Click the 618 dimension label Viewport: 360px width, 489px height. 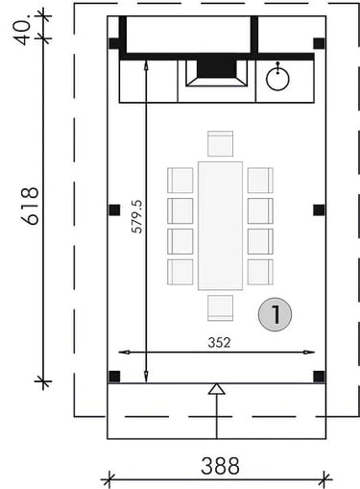(31, 206)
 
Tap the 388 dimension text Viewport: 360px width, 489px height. (220, 466)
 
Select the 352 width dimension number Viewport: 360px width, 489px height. (219, 343)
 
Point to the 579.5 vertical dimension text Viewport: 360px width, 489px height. (138, 216)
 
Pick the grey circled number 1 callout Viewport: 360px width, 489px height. (275, 314)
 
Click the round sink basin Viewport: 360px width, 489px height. (277, 78)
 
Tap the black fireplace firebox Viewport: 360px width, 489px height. (217, 68)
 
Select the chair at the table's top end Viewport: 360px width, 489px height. (220, 143)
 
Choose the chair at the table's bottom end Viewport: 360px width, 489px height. (220, 307)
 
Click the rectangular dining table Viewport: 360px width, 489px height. (220, 226)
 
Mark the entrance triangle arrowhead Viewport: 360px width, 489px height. (217, 389)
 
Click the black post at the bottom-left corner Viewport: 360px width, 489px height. (114, 377)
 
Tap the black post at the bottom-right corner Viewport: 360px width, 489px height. (319, 377)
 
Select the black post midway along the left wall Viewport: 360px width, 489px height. (114, 209)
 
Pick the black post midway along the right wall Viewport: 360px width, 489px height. (319, 209)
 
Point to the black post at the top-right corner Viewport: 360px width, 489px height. (319, 43)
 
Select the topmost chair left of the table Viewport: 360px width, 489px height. (180, 181)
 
